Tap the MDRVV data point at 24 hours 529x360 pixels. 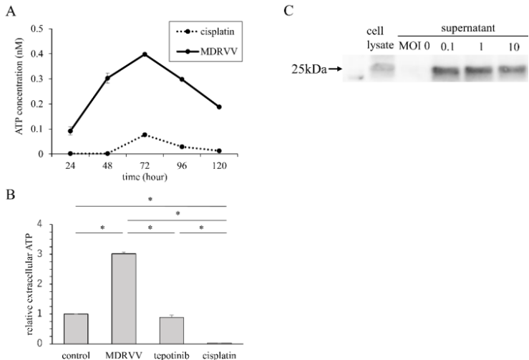click(71, 131)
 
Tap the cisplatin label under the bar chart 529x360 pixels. click(217, 354)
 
